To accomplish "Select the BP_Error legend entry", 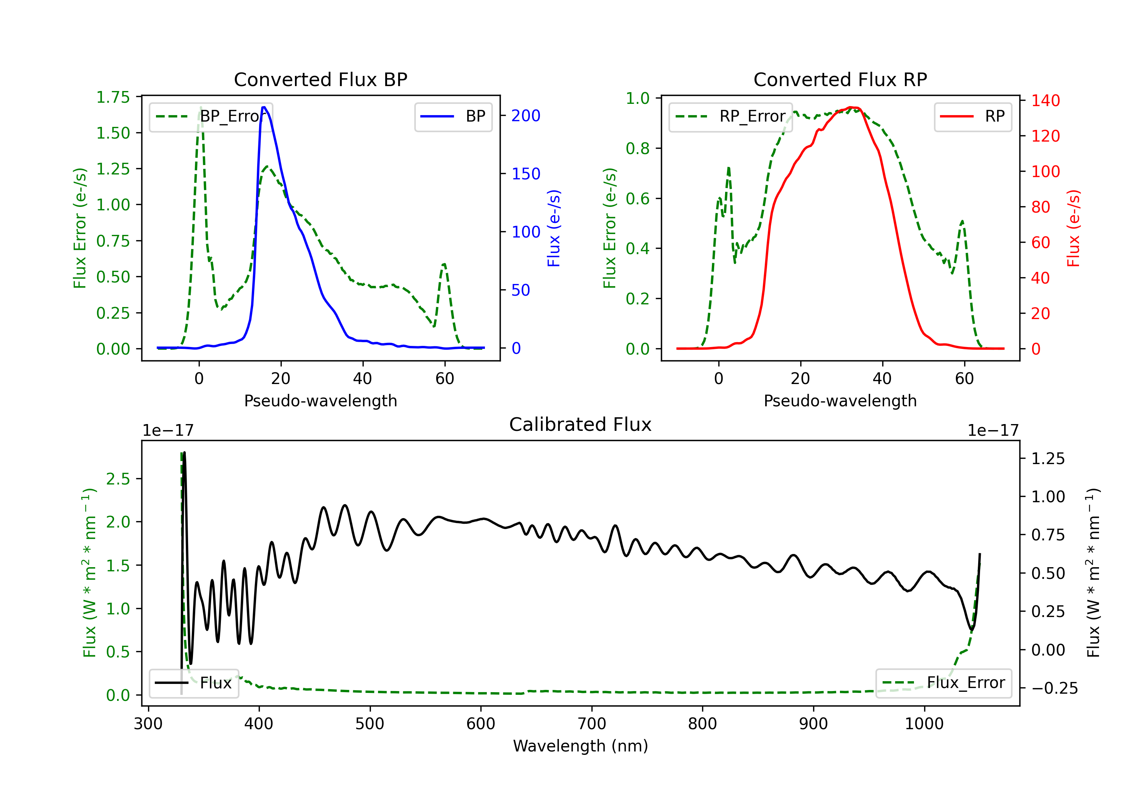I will pos(211,116).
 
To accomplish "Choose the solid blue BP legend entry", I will pos(453,116).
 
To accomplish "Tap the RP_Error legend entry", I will pos(730,116).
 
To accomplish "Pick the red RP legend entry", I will pos(972,116).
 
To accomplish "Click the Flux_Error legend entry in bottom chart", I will pos(943,683).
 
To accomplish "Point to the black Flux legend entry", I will pos(194,683).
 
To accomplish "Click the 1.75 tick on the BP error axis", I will pos(113,97).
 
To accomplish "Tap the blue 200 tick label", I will pos(526,116).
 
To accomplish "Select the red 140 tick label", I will pos(1045,101).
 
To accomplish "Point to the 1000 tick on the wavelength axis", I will pos(924,724).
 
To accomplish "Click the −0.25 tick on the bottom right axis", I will pos(1054,688).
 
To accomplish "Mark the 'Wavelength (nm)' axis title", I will pos(580,746).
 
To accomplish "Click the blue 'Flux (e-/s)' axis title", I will pos(554,228).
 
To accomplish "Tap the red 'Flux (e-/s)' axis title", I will pos(1074,228).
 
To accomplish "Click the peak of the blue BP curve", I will pos(264,107).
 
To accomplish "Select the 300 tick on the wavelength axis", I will pos(148,724).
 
